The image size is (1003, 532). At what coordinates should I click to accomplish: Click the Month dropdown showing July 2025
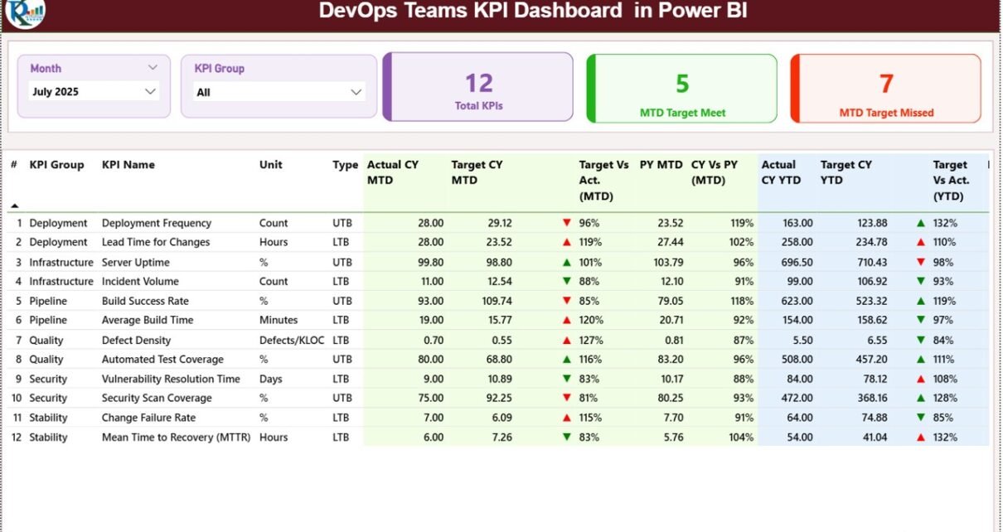[x=94, y=91]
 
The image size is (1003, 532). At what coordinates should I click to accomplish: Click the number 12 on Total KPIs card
[x=478, y=83]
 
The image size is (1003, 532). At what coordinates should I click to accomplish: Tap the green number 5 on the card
[x=682, y=84]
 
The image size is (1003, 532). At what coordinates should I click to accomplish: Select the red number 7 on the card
[x=886, y=84]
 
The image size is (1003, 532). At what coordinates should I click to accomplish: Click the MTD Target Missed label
[x=886, y=113]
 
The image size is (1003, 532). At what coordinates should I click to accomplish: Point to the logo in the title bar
[x=25, y=12]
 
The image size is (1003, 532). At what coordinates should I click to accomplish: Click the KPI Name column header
[x=128, y=165]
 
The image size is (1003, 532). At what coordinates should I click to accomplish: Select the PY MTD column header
[x=661, y=165]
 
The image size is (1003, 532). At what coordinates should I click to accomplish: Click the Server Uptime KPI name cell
[x=136, y=262]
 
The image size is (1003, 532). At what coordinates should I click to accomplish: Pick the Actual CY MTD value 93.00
[x=429, y=301]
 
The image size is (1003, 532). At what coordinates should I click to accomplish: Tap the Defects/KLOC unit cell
[x=292, y=340]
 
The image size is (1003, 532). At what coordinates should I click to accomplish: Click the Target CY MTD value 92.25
[x=497, y=398]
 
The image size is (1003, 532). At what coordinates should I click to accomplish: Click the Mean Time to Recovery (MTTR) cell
[x=176, y=437]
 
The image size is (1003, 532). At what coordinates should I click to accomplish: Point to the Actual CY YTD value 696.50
[x=793, y=262]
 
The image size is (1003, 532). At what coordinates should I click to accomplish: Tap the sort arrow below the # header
[x=14, y=205]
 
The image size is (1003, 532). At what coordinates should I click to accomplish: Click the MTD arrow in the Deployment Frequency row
[x=567, y=223]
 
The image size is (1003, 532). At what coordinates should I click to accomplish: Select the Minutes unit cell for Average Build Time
[x=279, y=320]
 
